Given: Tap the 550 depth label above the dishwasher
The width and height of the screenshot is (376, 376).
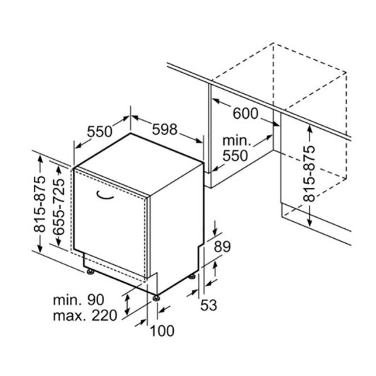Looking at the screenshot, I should click(x=100, y=131).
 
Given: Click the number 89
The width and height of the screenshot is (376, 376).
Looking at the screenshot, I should click(x=222, y=247).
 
